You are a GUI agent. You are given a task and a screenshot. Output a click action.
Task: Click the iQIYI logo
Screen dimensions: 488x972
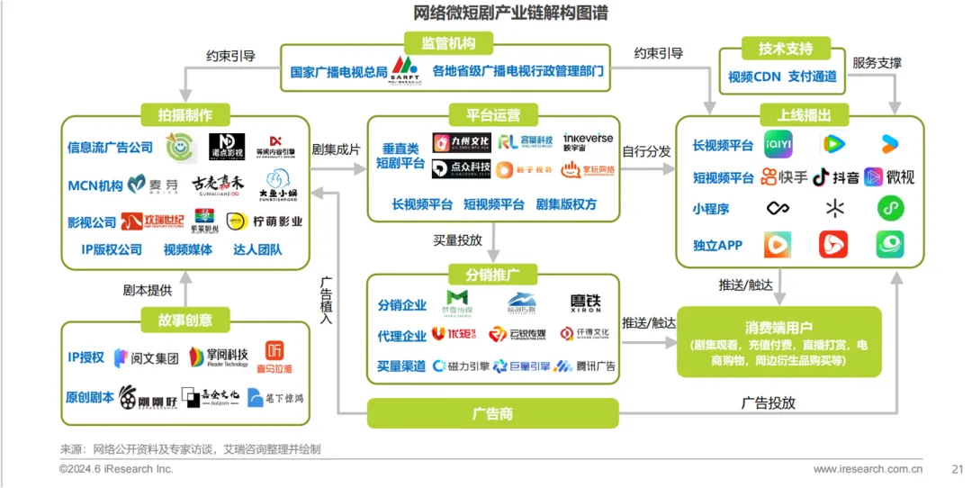pyautogui.click(x=780, y=144)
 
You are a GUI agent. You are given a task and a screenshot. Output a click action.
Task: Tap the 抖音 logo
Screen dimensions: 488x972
pyautogui.click(x=835, y=176)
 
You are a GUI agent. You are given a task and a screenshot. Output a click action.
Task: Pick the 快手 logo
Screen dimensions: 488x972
pyautogui.click(x=785, y=176)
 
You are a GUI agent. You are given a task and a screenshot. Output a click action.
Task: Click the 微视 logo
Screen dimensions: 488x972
pyautogui.click(x=889, y=176)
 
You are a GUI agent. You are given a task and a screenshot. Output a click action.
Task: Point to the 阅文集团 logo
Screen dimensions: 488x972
pyautogui.click(x=146, y=357)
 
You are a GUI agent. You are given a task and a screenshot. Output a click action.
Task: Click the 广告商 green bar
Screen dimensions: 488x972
pyautogui.click(x=492, y=413)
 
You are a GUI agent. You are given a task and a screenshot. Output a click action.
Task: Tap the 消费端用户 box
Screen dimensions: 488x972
pyautogui.click(x=778, y=341)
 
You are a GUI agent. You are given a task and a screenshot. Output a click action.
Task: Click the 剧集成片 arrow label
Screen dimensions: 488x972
pyautogui.click(x=336, y=150)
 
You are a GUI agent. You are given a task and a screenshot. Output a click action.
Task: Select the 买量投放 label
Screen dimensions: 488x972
pyautogui.click(x=457, y=240)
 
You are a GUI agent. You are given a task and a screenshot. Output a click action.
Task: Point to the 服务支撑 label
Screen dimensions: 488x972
pyautogui.click(x=877, y=63)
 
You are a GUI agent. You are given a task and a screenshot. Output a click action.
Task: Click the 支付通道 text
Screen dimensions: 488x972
pyautogui.click(x=813, y=77)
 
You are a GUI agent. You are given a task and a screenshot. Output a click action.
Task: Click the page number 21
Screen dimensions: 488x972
pyautogui.click(x=957, y=469)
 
